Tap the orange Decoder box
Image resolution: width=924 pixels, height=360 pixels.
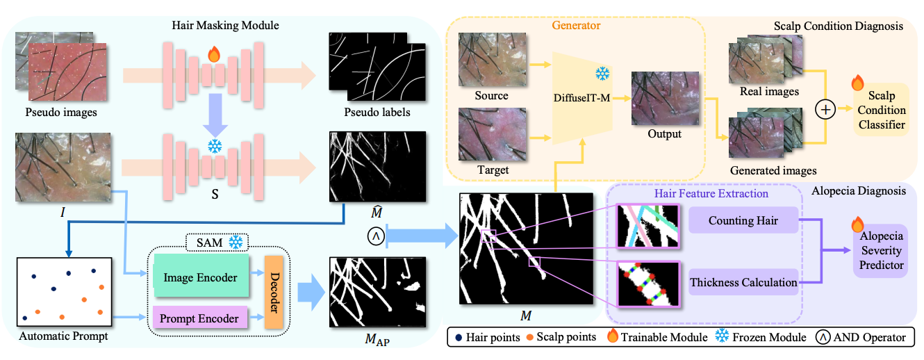[274, 297]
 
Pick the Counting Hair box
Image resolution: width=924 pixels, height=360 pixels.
[742, 220]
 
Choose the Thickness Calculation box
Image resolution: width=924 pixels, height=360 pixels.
[742, 282]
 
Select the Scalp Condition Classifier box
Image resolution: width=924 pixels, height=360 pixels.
[881, 110]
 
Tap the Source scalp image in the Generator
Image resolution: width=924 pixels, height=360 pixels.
[492, 59]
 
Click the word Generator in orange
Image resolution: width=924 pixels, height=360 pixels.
[576, 26]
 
